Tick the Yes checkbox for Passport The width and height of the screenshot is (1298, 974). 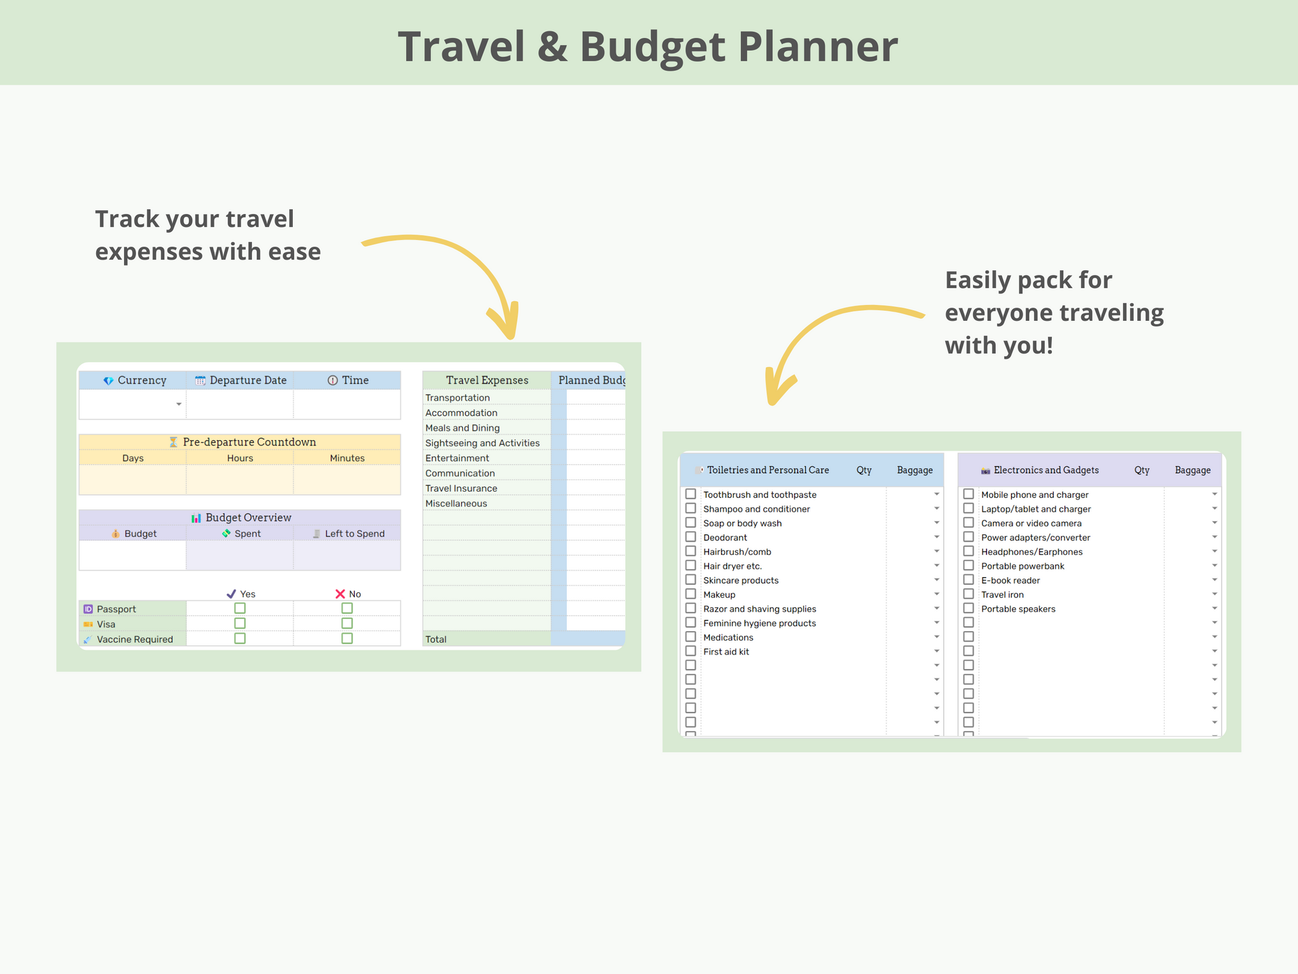[x=240, y=608]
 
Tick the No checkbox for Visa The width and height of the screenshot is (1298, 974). [x=347, y=623]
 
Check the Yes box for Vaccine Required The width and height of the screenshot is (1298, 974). [x=240, y=638]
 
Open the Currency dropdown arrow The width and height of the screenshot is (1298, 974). [x=179, y=404]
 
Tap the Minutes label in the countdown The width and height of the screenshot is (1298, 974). [x=347, y=458]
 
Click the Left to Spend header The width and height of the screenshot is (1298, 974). [x=355, y=534]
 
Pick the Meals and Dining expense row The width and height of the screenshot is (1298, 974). [x=462, y=428]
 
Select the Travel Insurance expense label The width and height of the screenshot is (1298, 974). [x=461, y=488]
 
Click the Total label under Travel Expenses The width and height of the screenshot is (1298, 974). [x=436, y=639]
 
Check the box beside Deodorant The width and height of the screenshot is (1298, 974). [x=691, y=537]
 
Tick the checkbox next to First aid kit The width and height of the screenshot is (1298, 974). [x=691, y=651]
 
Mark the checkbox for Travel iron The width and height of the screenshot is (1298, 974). [x=968, y=594]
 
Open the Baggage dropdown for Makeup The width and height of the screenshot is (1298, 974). [x=936, y=594]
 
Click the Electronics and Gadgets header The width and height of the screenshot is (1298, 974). [x=1046, y=470]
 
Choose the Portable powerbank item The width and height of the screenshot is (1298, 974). [x=1023, y=566]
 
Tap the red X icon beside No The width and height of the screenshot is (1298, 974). [x=340, y=594]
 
